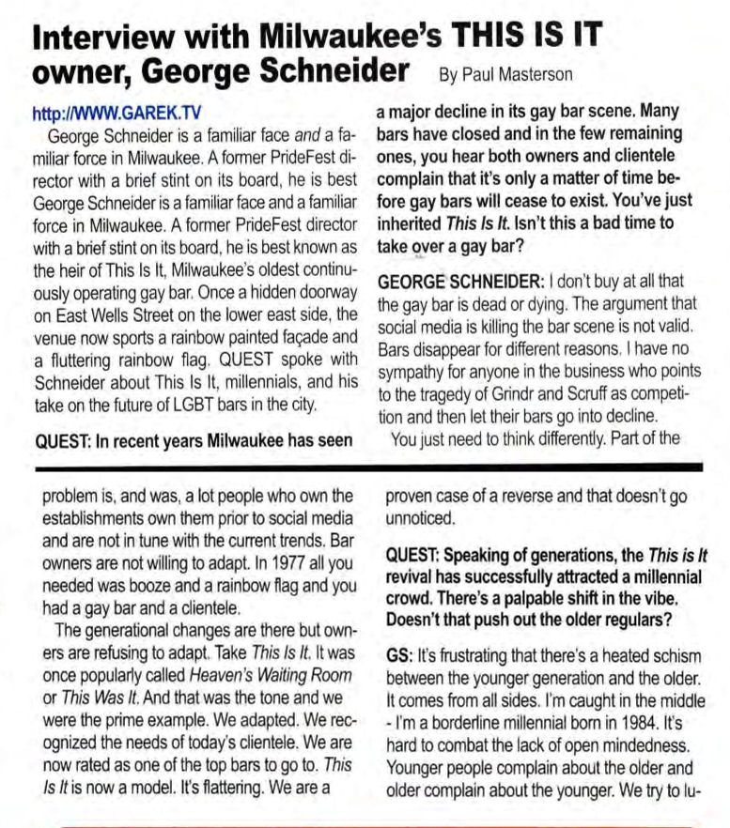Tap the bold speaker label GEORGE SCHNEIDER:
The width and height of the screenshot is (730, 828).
point(458,282)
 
